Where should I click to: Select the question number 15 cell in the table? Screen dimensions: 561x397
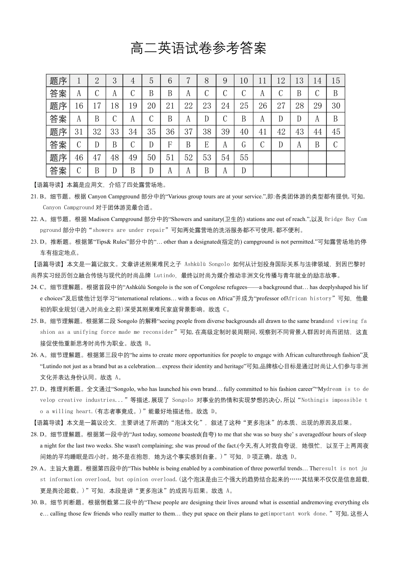336,81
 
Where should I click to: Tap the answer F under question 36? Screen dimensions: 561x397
170,145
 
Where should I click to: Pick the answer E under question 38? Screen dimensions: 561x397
206,145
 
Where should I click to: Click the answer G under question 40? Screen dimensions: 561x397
244,145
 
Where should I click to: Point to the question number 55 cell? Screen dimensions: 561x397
244,158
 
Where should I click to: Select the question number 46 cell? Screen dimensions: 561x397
79,158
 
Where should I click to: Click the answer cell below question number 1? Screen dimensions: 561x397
79,94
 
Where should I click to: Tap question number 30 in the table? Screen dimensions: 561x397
336,106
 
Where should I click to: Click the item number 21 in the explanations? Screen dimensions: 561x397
34,196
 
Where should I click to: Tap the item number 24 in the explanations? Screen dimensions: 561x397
34,287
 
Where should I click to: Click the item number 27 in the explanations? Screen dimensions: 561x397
34,389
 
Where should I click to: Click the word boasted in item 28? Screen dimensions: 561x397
190,434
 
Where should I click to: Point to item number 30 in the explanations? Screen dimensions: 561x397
34,503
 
